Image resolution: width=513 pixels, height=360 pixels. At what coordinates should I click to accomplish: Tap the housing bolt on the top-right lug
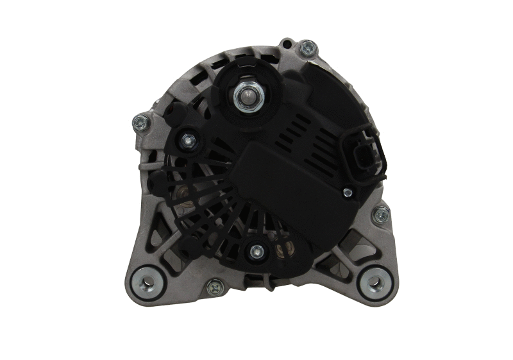[308, 47]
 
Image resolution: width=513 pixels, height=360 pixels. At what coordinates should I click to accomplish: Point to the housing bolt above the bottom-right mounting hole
[381, 214]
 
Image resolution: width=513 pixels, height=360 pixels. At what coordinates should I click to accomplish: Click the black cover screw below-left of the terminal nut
[187, 139]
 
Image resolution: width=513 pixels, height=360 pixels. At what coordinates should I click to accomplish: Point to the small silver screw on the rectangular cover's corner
[346, 192]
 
